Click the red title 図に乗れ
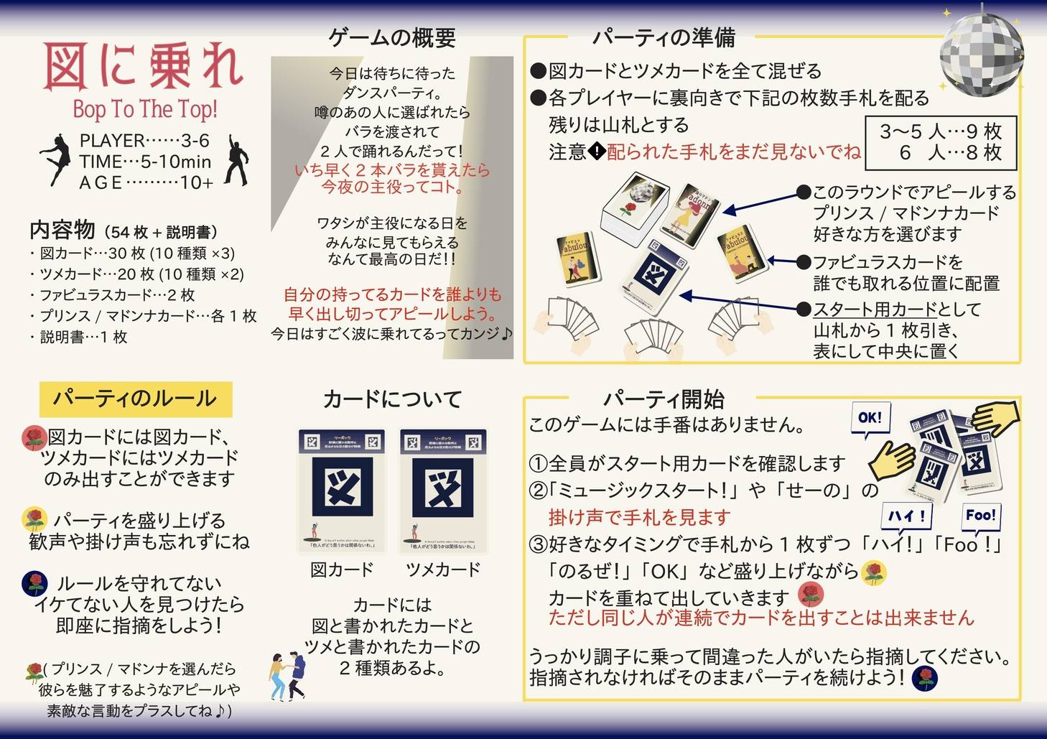click(x=144, y=66)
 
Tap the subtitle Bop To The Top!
click(x=144, y=109)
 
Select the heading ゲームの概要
click(x=392, y=37)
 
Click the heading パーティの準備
click(x=663, y=37)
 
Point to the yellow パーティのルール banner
click(x=135, y=399)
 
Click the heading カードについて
click(x=392, y=399)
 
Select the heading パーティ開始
click(x=663, y=399)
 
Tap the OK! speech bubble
click(x=870, y=419)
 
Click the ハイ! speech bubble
click(x=906, y=516)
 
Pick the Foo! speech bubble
click(x=981, y=515)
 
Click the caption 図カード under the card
click(x=342, y=570)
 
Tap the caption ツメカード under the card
click(x=443, y=570)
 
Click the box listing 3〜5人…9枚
click(x=941, y=142)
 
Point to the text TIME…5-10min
click(x=145, y=162)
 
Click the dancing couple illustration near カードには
click(x=287, y=676)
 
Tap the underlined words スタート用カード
click(x=875, y=310)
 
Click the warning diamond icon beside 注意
click(x=597, y=152)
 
